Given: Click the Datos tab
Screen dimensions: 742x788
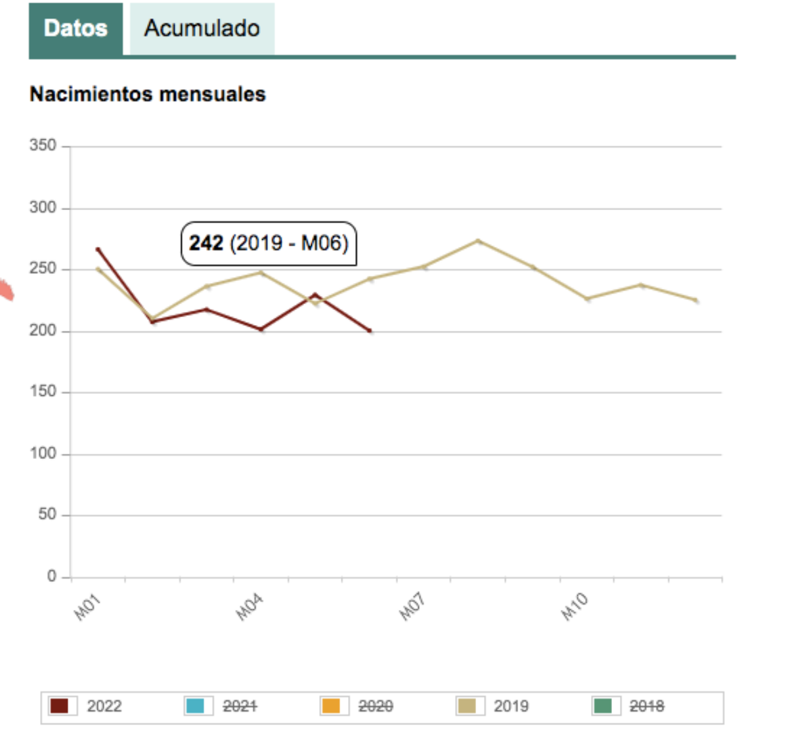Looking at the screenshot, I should coord(76,28).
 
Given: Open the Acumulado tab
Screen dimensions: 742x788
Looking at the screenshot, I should coord(202,28).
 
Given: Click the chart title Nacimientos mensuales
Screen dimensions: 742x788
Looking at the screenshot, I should coord(148,94).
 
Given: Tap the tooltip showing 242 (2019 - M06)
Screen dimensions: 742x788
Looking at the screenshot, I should coord(269,244).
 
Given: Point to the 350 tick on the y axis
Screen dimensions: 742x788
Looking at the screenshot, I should coord(43,145).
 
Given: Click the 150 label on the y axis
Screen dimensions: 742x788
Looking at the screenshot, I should coord(43,391).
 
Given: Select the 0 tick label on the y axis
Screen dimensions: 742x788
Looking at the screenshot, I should coord(51,576).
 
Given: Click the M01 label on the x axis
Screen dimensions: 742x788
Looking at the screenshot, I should coord(87,607).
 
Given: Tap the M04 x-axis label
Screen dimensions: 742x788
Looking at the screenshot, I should coord(250,607).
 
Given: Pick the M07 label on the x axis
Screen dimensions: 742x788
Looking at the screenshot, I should coord(412,607).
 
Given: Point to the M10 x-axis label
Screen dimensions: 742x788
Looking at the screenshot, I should coord(575,607).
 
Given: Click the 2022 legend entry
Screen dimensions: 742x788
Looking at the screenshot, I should coord(104,706).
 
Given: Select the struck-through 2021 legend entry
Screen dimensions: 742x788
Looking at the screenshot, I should coord(240,706).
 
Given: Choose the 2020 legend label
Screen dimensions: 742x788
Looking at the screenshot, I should coord(376,706).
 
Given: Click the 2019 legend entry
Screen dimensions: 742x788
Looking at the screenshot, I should coord(511,706).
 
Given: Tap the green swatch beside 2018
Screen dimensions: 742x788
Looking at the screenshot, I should coord(603,706).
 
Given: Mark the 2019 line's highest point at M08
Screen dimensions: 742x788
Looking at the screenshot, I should coord(478,241).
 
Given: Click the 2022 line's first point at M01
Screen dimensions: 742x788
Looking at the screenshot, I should coord(98,250).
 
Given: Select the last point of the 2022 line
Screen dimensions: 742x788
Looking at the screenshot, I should coord(370,331).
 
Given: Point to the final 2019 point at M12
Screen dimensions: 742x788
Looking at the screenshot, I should coord(696,301).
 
